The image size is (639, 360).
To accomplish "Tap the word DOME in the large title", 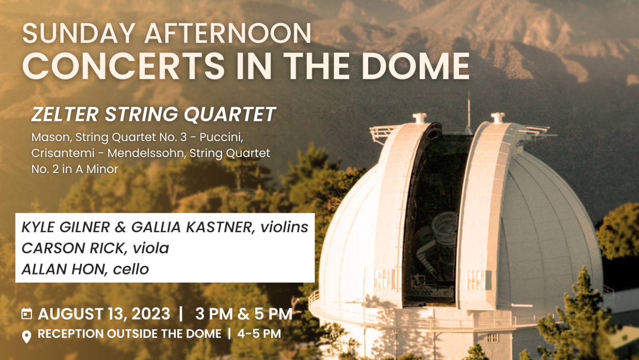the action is (x=415, y=66).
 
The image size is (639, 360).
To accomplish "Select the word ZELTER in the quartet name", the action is (x=65, y=114).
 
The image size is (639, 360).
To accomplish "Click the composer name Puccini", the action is (x=221, y=137).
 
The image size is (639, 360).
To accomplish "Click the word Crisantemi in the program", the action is (x=63, y=153).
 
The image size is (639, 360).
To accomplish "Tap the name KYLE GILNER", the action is (x=66, y=227).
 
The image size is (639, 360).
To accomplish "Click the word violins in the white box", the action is (x=284, y=227).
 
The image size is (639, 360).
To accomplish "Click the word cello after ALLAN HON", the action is (x=131, y=269).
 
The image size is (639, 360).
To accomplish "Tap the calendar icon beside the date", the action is (x=26, y=314).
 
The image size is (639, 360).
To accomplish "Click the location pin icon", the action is (x=26, y=336).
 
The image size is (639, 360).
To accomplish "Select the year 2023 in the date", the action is (x=151, y=314).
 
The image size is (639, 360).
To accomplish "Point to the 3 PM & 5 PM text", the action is (x=244, y=314).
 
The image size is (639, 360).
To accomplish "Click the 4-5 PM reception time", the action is (x=259, y=334).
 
